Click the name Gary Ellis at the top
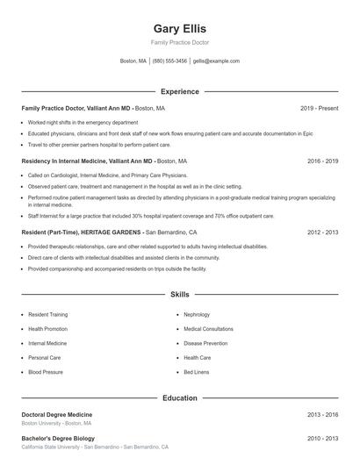179,28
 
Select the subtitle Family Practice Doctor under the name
179,42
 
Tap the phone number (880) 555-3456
169,61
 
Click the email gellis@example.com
216,61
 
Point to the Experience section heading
179,91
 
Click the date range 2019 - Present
319,108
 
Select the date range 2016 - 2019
322,161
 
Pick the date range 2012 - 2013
322,232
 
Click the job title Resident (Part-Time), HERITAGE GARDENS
82,232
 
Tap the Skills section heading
179,295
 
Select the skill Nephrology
197,314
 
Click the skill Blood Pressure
46,372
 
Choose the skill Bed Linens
197,372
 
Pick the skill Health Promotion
48,329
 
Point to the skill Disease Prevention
205,343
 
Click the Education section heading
179,397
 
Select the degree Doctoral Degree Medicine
56,414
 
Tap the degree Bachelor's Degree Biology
57,438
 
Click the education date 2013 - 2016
322,414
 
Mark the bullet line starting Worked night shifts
83,122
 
